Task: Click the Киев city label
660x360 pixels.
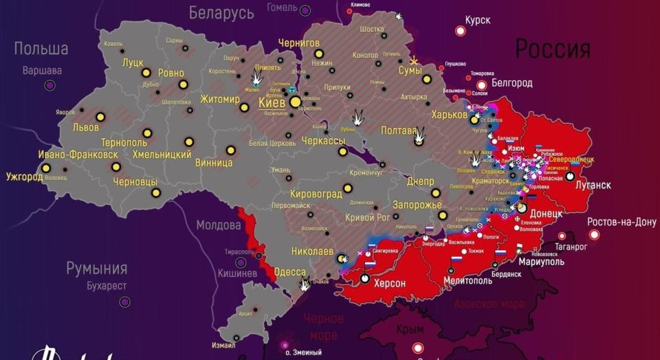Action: point(273,102)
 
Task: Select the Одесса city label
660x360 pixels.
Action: point(289,272)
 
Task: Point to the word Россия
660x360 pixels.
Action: point(553,49)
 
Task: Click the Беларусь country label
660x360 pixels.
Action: point(221,12)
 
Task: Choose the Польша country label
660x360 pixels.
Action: point(41,49)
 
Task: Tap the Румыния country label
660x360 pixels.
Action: point(97,268)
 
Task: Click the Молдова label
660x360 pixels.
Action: point(219,225)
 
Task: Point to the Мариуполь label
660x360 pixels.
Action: point(541,262)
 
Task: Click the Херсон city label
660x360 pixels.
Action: point(389,283)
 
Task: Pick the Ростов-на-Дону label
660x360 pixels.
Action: point(621,222)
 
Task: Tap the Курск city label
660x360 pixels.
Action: point(477,20)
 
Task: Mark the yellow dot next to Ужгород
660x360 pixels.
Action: point(45,168)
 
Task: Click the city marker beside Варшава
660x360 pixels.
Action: point(49,85)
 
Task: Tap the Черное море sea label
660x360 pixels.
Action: point(323,326)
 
